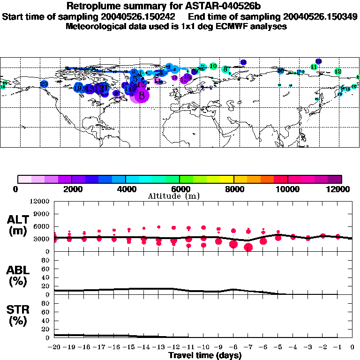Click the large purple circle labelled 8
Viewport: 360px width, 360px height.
[x=142, y=95]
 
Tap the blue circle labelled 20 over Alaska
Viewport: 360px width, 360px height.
[x=44, y=84]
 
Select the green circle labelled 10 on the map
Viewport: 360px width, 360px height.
[x=213, y=66]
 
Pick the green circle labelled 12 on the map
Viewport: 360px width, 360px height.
[x=338, y=72]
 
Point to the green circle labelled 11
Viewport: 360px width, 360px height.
[x=314, y=67]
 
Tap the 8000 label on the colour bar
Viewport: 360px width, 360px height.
[x=233, y=189]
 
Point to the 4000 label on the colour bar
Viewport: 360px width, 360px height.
[x=125, y=189]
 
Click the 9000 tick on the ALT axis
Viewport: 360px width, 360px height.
[x=41, y=214]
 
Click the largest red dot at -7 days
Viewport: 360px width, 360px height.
[x=248, y=247]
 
